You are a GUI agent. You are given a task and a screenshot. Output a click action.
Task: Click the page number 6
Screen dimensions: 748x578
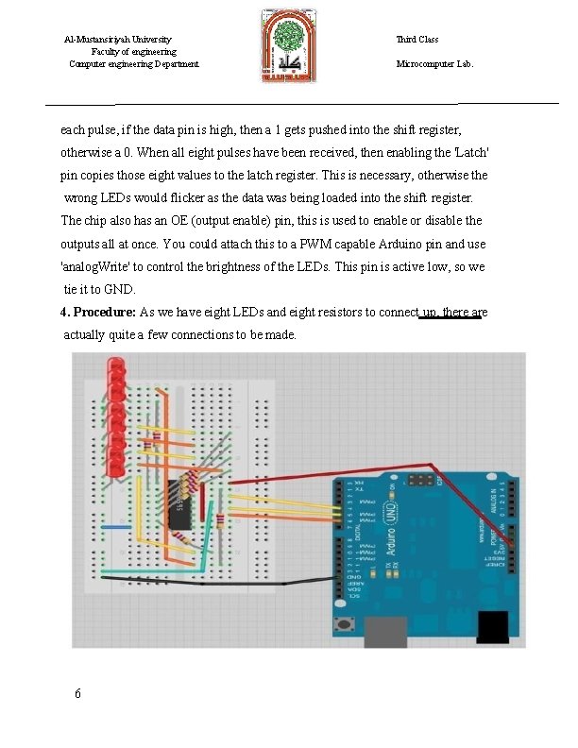click(77, 694)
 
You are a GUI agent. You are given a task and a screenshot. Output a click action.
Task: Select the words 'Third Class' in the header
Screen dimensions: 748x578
click(416, 40)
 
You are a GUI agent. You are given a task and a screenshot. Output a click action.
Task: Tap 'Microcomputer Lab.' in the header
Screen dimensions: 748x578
click(435, 64)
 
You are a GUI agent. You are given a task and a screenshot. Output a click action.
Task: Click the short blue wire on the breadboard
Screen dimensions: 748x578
click(115, 527)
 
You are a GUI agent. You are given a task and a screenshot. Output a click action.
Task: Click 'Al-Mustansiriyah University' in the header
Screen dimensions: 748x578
click(117, 40)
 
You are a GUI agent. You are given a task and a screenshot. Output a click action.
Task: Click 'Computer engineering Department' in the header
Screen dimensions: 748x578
click(134, 64)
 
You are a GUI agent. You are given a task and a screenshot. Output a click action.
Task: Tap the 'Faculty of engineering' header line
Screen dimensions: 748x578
click(133, 52)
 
